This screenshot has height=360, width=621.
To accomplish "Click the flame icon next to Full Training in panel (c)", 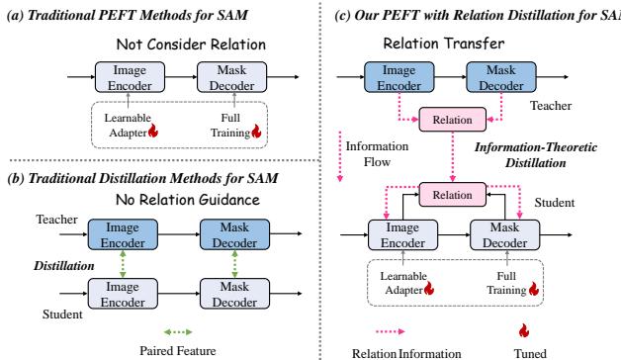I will tap(535, 289).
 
